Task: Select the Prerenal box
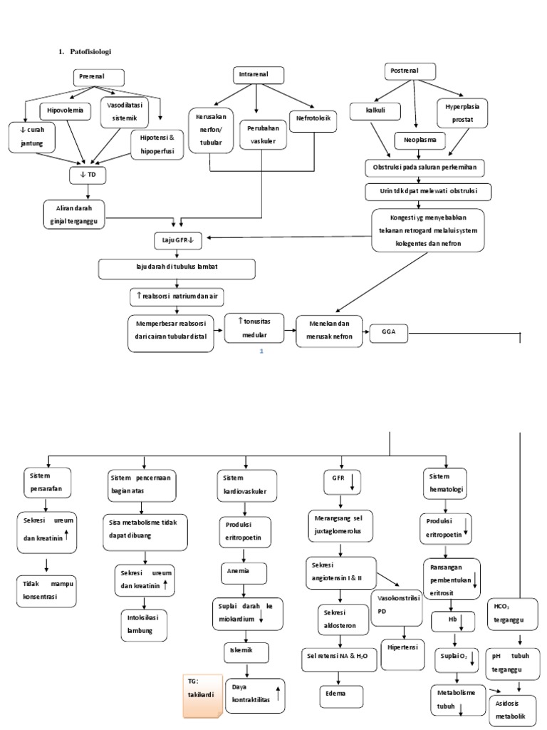point(99,78)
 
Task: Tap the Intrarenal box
point(259,75)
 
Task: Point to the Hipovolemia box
point(66,110)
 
